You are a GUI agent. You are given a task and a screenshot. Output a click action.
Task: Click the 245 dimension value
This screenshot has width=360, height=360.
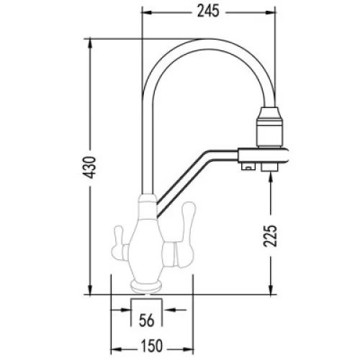click(x=208, y=12)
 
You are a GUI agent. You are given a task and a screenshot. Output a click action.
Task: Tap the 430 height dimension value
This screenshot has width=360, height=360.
click(x=91, y=167)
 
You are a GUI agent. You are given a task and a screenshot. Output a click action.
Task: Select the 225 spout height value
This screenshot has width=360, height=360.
click(x=270, y=235)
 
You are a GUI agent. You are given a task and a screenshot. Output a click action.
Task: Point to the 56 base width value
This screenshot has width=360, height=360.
click(x=147, y=320)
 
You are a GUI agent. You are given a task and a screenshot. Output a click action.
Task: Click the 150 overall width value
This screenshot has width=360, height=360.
click(x=152, y=346)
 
